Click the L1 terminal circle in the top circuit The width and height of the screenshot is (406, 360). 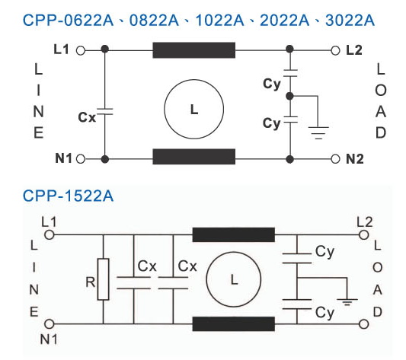tap(81, 51)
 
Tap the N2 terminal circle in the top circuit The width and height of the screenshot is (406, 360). tap(335, 159)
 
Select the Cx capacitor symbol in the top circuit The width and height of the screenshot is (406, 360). tap(104, 112)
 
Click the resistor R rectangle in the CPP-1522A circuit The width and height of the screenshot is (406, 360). tap(103, 279)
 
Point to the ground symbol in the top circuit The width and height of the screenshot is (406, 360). tap(318, 133)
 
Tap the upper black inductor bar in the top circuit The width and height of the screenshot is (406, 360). tap(194, 50)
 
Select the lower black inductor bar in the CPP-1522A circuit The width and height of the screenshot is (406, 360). tap(234, 323)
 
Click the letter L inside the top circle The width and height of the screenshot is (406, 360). tap(194, 110)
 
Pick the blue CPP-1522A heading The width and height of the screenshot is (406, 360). tap(68, 196)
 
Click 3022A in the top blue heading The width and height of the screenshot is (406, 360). tap(350, 21)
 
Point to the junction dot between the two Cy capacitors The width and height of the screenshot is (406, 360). tap(289, 96)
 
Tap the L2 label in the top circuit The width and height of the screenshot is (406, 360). tap(354, 50)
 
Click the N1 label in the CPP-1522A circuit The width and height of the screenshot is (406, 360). tap(49, 339)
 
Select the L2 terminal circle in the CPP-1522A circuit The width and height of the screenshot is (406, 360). tap(364, 235)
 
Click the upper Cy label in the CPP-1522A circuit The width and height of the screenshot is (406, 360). tap(324, 252)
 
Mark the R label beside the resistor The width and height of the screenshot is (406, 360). tap(91, 282)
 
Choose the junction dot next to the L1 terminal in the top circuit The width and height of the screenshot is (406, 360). tap(104, 49)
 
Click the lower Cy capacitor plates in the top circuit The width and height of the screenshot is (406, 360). tap(290, 119)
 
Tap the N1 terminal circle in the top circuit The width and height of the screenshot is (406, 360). tap(81, 158)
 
